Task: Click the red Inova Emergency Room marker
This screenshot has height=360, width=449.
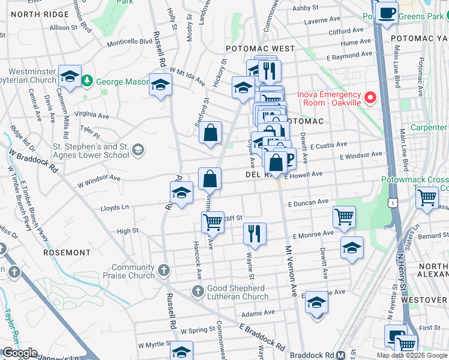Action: click(370, 97)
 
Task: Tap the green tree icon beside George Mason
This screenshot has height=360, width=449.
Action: click(88, 80)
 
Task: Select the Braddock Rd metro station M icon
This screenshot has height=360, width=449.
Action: click(340, 355)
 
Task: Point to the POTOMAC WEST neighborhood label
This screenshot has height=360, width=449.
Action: click(260, 48)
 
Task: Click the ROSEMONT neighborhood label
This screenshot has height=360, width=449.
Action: click(67, 253)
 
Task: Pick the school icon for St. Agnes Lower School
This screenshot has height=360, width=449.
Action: click(138, 150)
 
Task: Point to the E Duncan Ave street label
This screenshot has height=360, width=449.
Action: click(308, 203)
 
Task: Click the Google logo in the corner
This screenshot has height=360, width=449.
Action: click(20, 353)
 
